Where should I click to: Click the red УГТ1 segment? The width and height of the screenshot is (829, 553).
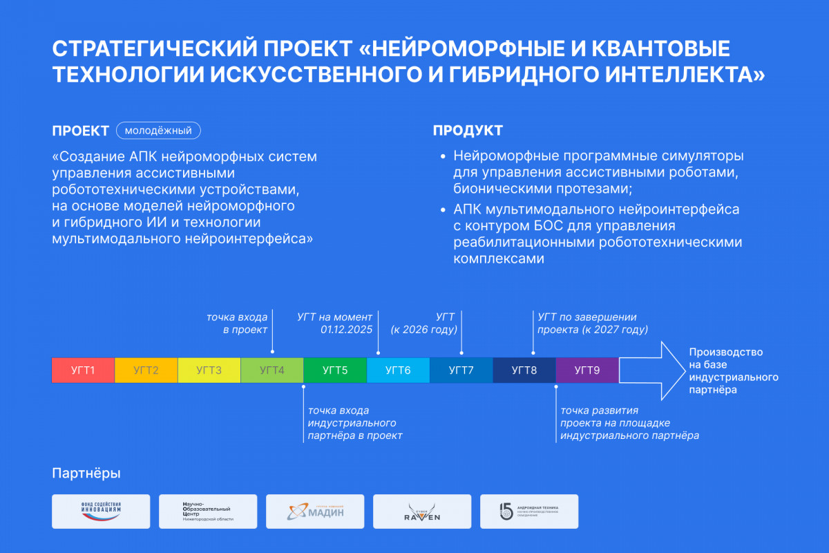(83, 370)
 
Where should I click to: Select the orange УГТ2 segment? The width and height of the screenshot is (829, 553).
(146, 370)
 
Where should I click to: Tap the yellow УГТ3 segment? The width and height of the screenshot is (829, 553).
(209, 370)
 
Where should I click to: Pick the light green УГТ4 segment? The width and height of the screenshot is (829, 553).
(272, 370)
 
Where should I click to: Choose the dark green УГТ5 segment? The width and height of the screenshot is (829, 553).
(335, 370)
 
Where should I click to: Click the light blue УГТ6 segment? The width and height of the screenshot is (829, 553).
(398, 370)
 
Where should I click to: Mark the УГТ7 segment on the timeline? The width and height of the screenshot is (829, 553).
(461, 370)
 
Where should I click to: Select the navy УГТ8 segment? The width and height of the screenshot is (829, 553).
(524, 370)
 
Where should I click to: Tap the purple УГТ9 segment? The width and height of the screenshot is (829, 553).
(587, 370)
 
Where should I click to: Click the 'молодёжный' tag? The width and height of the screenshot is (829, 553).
(158, 130)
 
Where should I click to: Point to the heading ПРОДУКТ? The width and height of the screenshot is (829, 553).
(468, 131)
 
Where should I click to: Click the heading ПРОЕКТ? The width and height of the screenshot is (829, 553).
(81, 131)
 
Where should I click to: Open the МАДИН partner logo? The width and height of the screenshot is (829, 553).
(315, 512)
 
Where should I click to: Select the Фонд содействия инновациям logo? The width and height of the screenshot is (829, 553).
(101, 512)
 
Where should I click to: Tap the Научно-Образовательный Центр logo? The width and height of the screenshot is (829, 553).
(208, 512)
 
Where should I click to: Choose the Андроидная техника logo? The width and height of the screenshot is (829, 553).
(529, 512)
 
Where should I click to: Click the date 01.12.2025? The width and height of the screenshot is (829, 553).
(346, 330)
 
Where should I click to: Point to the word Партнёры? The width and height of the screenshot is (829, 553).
(86, 474)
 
